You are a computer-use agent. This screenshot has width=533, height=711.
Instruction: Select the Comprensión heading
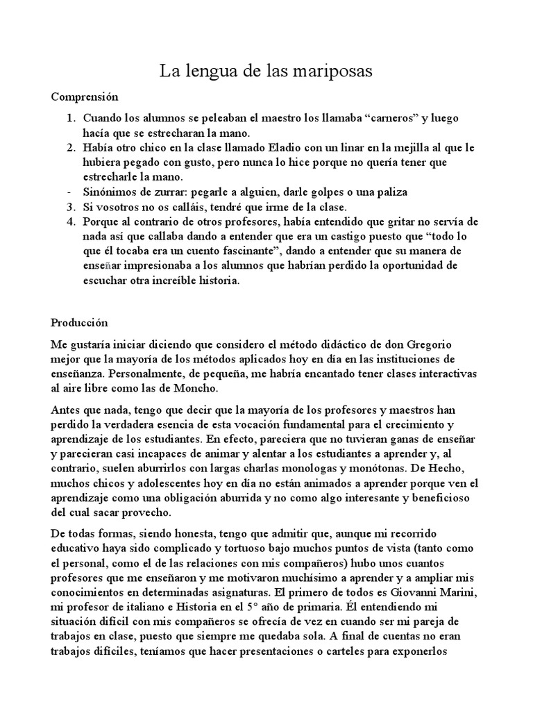85,97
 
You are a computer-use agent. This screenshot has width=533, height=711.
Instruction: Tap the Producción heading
81,323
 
